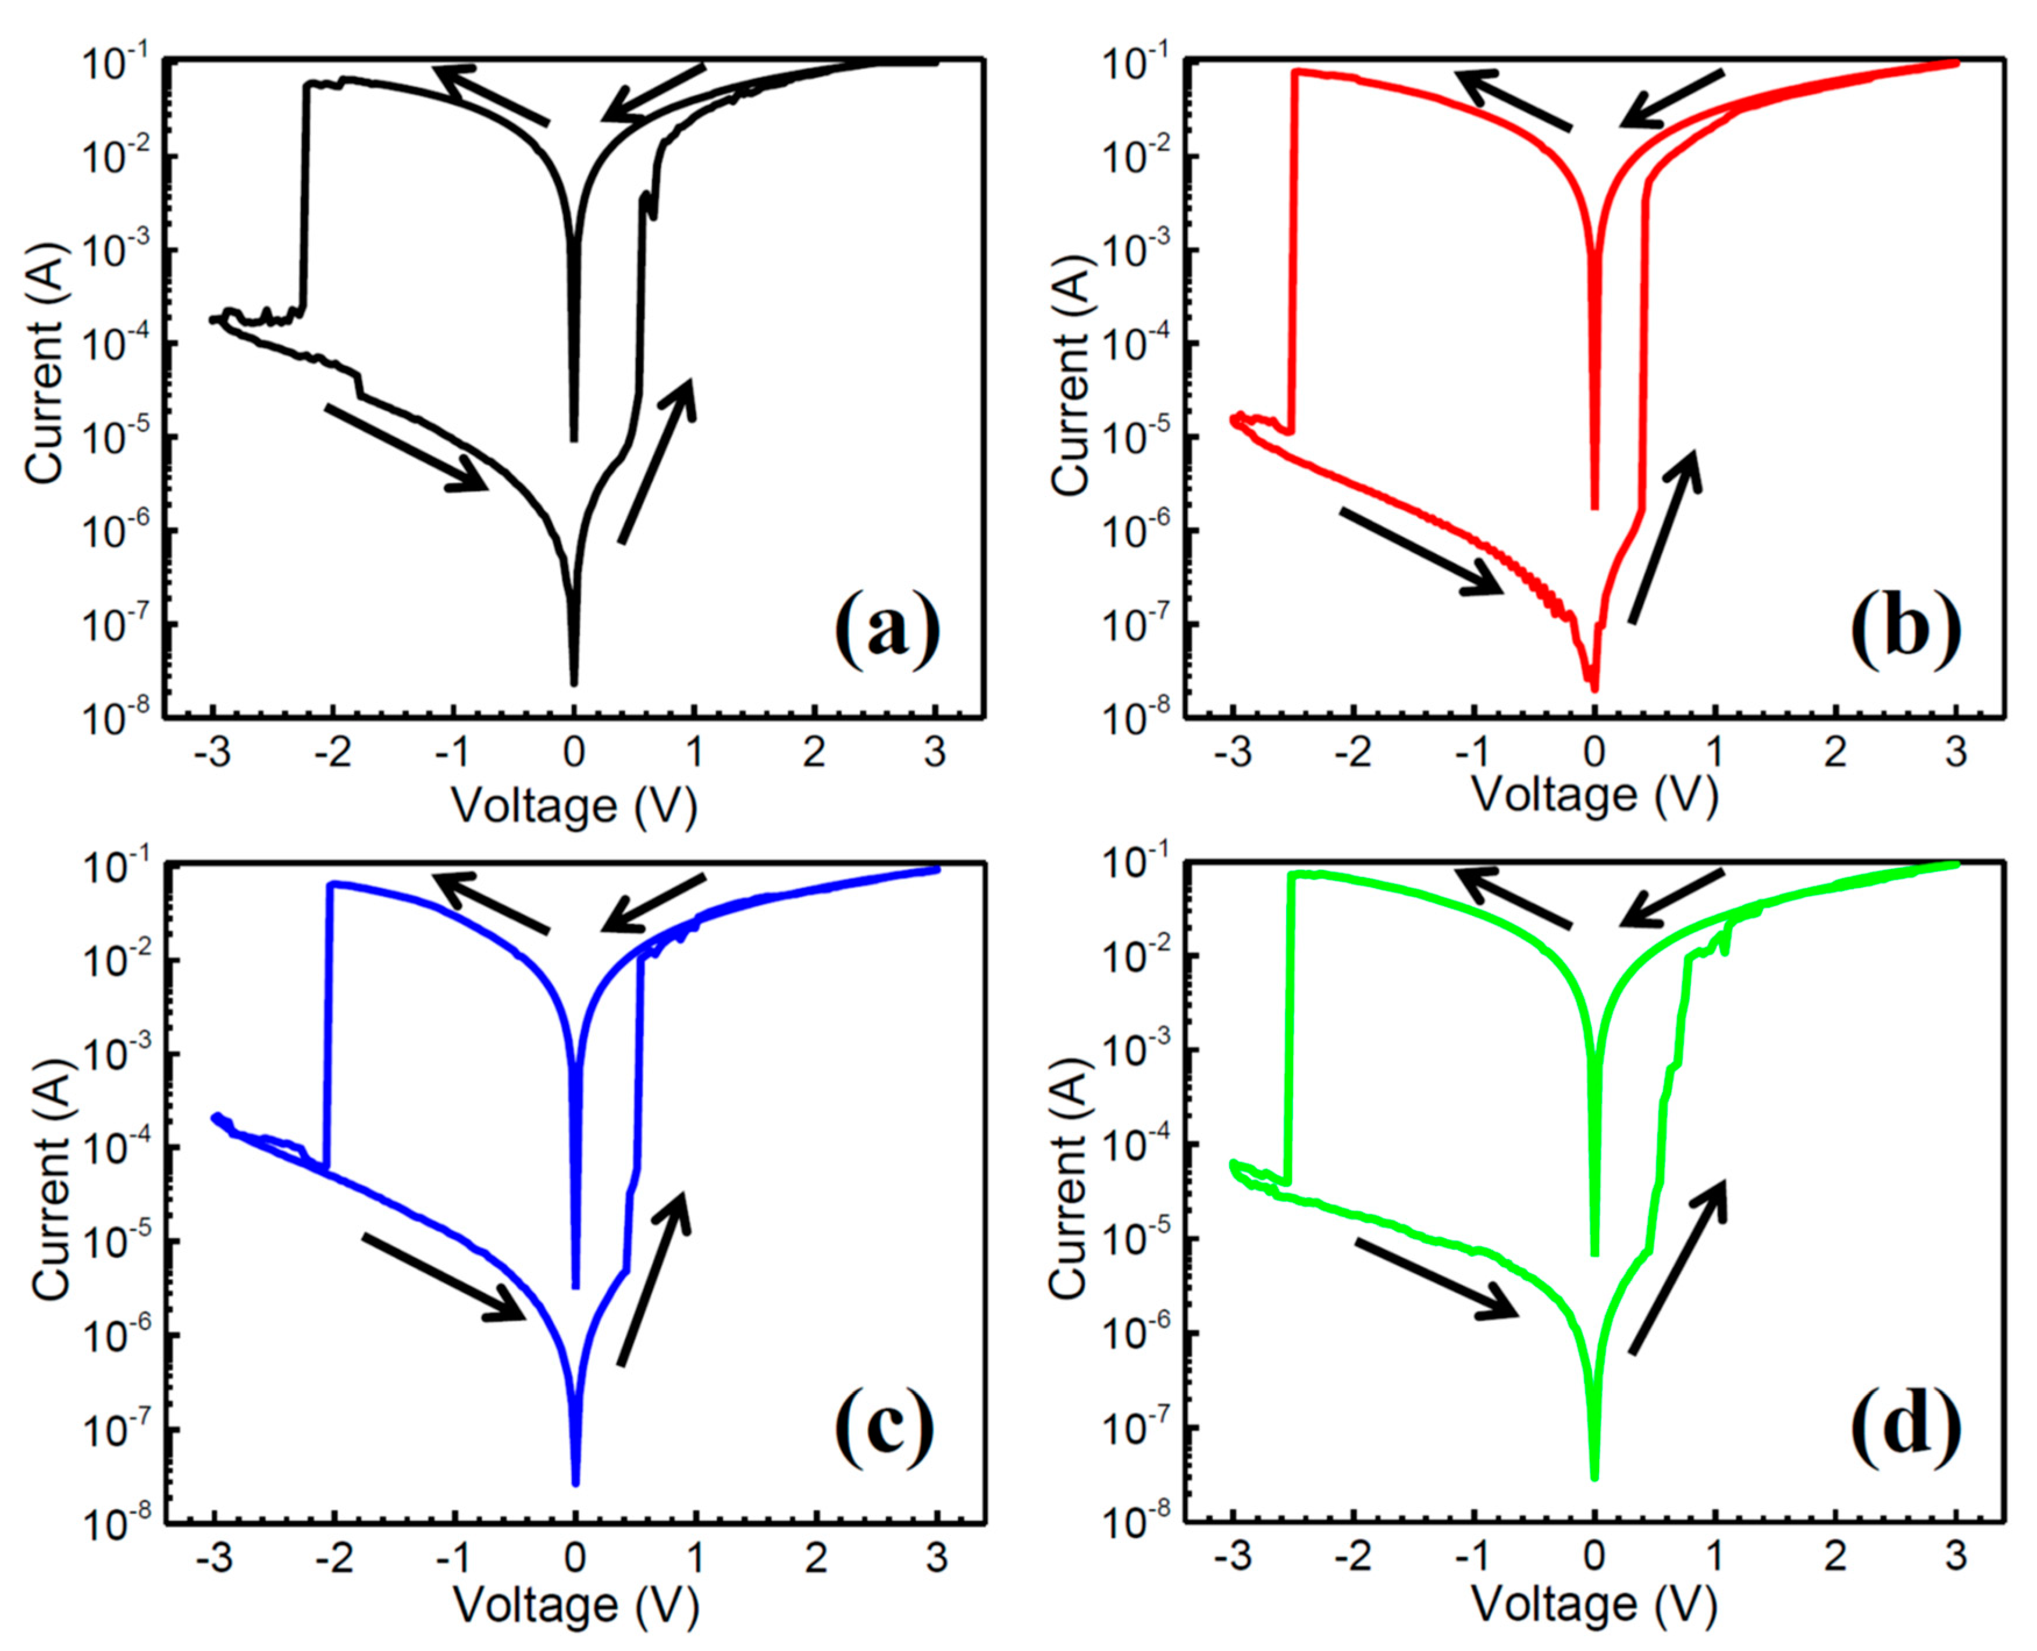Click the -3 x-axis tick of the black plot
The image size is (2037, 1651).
(x=212, y=753)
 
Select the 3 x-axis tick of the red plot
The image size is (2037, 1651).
(x=1955, y=753)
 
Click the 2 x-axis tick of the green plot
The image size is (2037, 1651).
(x=1835, y=1559)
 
